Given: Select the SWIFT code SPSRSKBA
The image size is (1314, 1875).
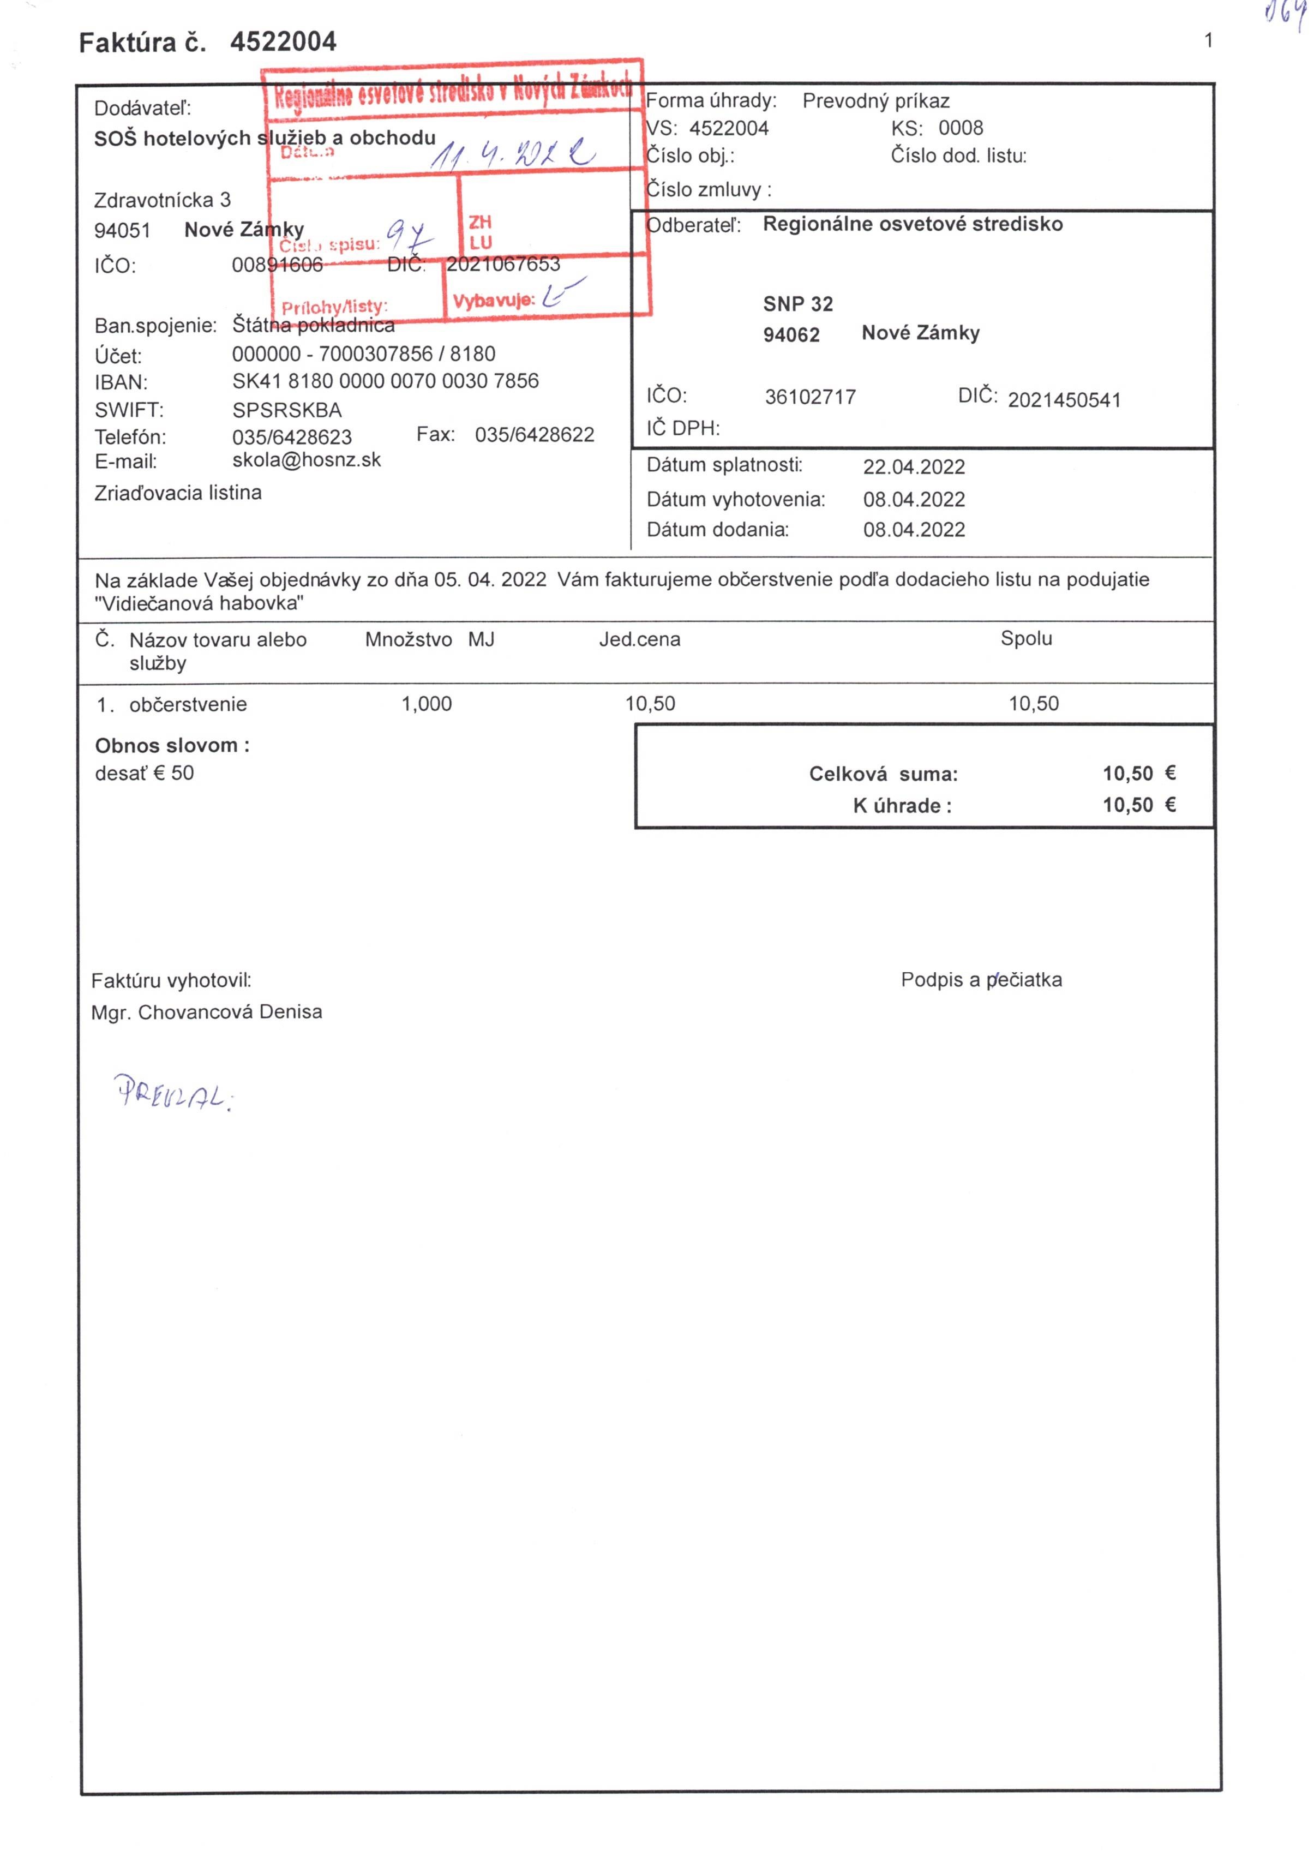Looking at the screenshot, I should tap(287, 410).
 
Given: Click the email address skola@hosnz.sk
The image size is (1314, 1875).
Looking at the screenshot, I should tap(306, 460).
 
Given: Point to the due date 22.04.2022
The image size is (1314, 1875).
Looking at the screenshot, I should tap(913, 467).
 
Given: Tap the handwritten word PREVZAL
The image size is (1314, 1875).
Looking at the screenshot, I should tap(172, 1092).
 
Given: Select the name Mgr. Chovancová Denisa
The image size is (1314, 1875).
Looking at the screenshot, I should tap(207, 1012).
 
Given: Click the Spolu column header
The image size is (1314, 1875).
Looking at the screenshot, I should tap(1025, 639).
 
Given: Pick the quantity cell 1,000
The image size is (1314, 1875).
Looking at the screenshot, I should tap(427, 704).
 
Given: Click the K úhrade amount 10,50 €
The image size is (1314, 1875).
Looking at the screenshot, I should tap(1138, 805).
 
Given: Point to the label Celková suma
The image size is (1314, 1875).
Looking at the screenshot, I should tap(883, 774).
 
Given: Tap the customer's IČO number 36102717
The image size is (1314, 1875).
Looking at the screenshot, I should tap(810, 398).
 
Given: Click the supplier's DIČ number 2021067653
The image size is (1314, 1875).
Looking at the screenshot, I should tap(503, 265).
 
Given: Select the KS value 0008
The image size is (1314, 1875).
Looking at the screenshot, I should tap(961, 128).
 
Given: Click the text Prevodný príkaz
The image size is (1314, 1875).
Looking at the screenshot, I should tap(875, 101).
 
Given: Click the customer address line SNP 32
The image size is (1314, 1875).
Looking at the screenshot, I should tap(798, 304).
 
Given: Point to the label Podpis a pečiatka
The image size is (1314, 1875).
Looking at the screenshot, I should tap(981, 980).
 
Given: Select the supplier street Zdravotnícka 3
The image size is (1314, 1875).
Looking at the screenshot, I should tap(163, 200).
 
